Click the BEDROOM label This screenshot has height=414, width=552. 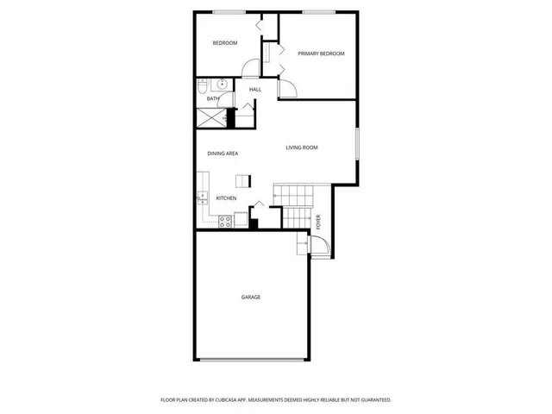pos(225,43)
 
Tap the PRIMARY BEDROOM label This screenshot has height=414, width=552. pos(321,53)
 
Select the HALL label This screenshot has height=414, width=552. pos(255,90)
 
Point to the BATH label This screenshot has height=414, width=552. pos(212,99)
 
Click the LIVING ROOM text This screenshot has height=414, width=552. pos(302,147)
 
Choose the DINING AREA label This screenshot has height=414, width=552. pos(223,154)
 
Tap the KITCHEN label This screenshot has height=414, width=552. pos(226,198)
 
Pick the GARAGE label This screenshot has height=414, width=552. pos(251,297)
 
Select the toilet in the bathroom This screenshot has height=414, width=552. pos(203,86)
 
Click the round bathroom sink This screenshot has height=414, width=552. pos(222,85)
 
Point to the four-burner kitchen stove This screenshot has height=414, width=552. pos(223,221)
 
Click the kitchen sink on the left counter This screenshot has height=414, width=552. pos(202,198)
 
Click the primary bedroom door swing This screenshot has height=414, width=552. pos(287,87)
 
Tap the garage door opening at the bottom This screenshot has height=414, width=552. pos(251,360)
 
